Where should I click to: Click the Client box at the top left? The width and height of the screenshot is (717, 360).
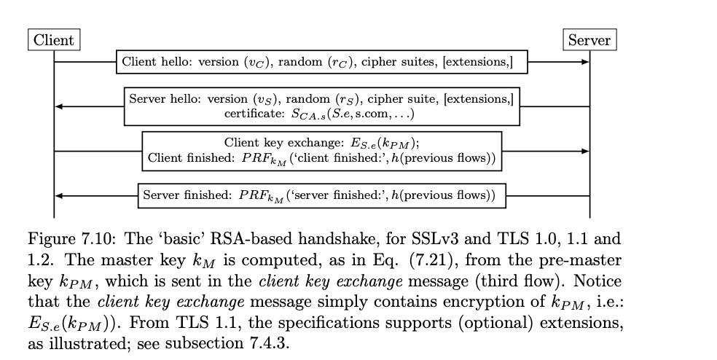pyautogui.click(x=55, y=40)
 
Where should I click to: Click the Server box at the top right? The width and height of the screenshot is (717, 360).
pyautogui.click(x=589, y=40)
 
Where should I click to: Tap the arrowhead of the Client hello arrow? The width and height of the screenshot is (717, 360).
pyautogui.click(x=584, y=62)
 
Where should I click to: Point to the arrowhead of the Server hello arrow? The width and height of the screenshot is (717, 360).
pyautogui.click(x=60, y=106)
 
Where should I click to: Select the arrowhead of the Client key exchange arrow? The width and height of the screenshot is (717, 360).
pyautogui.click(x=584, y=152)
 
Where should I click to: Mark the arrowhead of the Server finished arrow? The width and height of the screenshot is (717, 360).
pyautogui.click(x=60, y=195)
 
